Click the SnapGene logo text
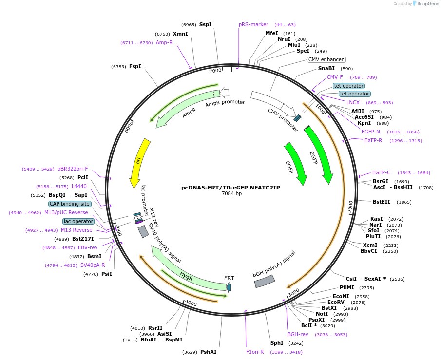[x=427, y=4]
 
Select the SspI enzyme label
[x=205, y=24]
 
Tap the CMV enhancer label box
[x=326, y=60]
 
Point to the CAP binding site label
[x=70, y=204]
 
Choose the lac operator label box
[x=78, y=221]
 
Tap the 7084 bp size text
[x=231, y=193]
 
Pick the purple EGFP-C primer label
[x=381, y=172]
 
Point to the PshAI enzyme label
[x=208, y=352]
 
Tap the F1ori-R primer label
[x=255, y=352]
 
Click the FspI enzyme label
[x=135, y=66]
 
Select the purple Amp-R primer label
[x=164, y=42]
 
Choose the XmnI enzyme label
[x=180, y=34]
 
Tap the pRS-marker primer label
[x=253, y=24]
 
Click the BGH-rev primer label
[x=298, y=334]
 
